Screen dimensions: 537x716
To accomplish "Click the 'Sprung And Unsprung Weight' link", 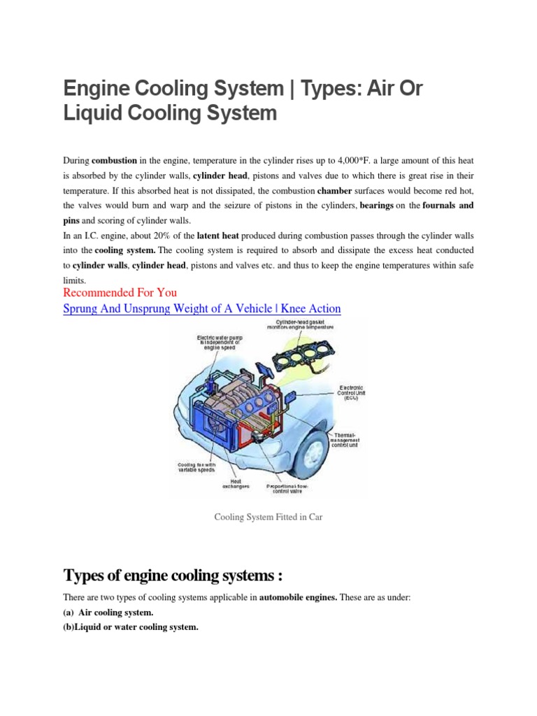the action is click(x=202, y=308).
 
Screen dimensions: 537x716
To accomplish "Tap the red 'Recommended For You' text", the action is click(x=120, y=292).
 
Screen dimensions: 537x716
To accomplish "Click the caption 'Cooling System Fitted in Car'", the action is click(x=268, y=517).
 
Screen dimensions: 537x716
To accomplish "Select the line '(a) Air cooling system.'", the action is click(x=108, y=613).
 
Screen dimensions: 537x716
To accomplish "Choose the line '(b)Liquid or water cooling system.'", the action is click(x=131, y=627).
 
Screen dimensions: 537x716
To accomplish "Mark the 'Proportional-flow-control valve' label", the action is click(x=291, y=489).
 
